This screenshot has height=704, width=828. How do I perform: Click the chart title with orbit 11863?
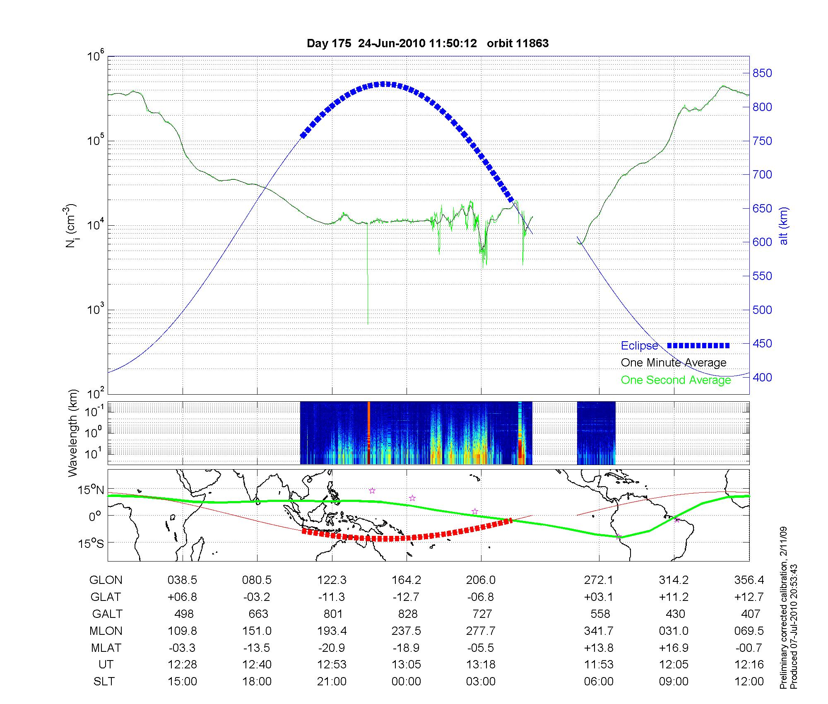pos(428,43)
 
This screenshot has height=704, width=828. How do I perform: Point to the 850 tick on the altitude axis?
pos(762,73)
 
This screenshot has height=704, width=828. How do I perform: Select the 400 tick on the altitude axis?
pos(762,377)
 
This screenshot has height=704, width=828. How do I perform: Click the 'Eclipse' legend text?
pos(639,346)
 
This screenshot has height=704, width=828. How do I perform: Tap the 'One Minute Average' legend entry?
pos(674,363)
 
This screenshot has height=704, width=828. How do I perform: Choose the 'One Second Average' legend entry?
pos(676,380)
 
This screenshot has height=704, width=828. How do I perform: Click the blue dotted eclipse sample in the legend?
pos(698,345)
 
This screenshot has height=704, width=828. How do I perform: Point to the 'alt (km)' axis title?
pos(784,226)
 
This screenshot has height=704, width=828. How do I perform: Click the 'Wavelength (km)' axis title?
pos(73,433)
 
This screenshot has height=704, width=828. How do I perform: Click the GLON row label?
pos(106,580)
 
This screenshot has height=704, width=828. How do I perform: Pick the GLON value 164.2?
pos(406,580)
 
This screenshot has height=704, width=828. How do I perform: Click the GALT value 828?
pos(407,614)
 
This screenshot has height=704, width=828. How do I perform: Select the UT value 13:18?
pos(481,664)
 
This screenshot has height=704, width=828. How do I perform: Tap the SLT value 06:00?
pos(599,681)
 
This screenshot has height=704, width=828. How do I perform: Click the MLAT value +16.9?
pos(674,647)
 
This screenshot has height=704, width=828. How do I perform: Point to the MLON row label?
pos(106,631)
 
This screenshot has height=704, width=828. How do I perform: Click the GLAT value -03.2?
pos(257,597)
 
